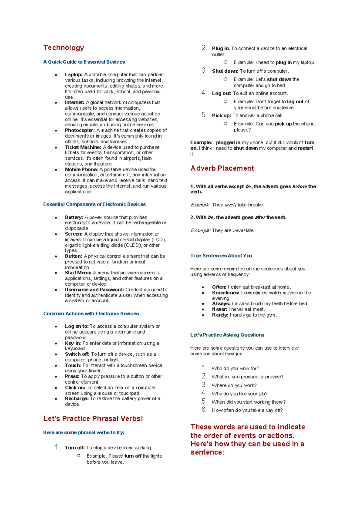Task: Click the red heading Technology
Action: pyautogui.click(x=64, y=48)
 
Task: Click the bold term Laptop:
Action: pyautogui.click(x=73, y=74)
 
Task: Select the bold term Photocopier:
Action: pyautogui.click(x=80, y=130)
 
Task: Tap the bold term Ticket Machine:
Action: pyautogui.click(x=83, y=147)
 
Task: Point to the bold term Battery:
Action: pyautogui.click(x=74, y=217)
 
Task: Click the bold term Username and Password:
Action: pyautogui.click(x=94, y=290)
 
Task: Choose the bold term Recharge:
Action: pyautogui.click(x=77, y=399)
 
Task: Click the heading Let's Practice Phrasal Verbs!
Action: pyautogui.click(x=93, y=419)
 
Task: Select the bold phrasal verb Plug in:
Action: pyautogui.click(x=221, y=48)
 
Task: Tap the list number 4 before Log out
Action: pyautogui.click(x=204, y=93)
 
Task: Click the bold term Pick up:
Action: pyautogui.click(x=221, y=116)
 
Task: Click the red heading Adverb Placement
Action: pyautogui.click(x=222, y=168)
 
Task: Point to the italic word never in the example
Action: pyautogui.click(x=239, y=230)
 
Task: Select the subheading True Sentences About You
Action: pyautogui.click(x=221, y=256)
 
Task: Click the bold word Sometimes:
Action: pyautogui.click(x=226, y=293)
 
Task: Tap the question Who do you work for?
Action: pyautogui.click(x=235, y=368)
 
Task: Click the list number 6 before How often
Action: pyautogui.click(x=204, y=410)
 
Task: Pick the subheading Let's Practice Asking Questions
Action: pyautogui.click(x=227, y=335)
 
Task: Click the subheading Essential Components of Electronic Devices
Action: pyautogui.click(x=94, y=204)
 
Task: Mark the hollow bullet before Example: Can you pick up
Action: pyautogui.click(x=226, y=123)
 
